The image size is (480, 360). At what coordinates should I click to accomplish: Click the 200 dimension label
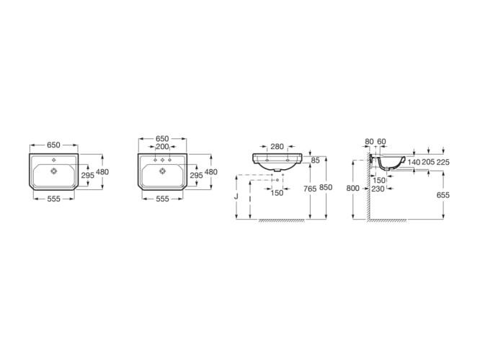pyautogui.click(x=162, y=147)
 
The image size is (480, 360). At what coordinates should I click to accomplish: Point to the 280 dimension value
pyautogui.click(x=277, y=146)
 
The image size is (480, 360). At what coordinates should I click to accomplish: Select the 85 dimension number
pyautogui.click(x=315, y=160)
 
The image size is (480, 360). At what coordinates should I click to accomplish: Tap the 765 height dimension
pyautogui.click(x=310, y=189)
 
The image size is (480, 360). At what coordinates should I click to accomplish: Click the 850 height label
pyautogui.click(x=326, y=187)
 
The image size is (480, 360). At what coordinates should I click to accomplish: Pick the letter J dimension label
pyautogui.click(x=236, y=197)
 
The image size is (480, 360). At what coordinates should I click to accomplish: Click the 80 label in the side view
pyautogui.click(x=370, y=142)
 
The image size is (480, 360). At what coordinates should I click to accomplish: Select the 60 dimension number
pyautogui.click(x=381, y=142)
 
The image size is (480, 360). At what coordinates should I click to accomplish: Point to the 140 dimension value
pyautogui.click(x=414, y=162)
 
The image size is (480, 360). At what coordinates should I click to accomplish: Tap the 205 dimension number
pyautogui.click(x=428, y=162)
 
